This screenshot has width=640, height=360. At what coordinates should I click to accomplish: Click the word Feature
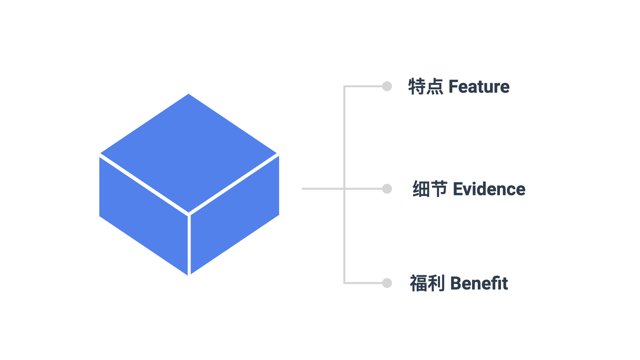pos(479,87)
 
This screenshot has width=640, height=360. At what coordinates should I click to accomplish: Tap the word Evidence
pos(489,189)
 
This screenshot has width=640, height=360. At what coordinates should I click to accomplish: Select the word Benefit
pos(479,283)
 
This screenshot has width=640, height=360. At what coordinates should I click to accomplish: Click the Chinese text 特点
pos(426,87)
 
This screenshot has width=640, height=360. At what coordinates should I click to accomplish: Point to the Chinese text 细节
pos(430,189)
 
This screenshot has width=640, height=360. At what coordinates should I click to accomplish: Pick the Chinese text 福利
pos(427,283)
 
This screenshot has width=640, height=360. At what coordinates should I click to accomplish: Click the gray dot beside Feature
pos(387,86)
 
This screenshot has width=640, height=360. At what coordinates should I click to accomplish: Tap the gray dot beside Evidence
pos(387,189)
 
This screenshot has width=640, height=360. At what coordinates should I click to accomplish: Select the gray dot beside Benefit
pos(387,283)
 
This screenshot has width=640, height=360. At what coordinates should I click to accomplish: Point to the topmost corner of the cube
pos(189,95)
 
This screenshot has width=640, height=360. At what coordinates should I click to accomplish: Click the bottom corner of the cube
pos(189,275)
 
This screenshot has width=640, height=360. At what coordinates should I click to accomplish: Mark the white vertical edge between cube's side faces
pos(189,245)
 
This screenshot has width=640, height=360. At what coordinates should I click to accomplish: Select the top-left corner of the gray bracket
pos(345,87)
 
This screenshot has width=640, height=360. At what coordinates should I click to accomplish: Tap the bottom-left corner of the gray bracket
pos(345,283)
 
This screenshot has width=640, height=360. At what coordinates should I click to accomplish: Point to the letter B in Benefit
pos(456,283)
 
